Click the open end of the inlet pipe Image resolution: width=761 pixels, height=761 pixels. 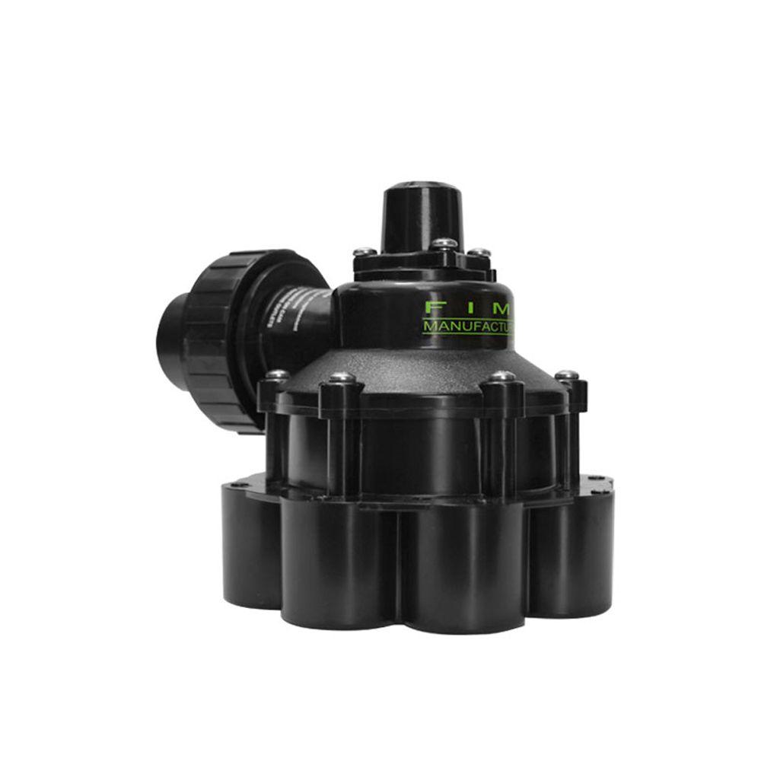click(171, 335)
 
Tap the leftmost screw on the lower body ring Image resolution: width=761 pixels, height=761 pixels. click(279, 375)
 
